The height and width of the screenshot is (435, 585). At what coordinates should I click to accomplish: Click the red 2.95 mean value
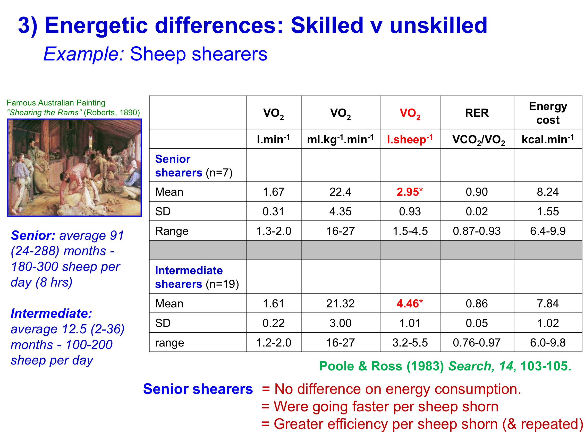[409, 192]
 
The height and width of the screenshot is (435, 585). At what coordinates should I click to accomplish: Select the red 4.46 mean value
[409, 303]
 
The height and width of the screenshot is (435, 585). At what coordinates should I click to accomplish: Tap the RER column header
[477, 113]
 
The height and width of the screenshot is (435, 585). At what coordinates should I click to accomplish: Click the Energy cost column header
[548, 113]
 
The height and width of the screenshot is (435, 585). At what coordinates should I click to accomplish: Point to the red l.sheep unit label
[409, 139]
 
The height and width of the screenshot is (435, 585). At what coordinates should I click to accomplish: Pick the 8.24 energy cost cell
[548, 192]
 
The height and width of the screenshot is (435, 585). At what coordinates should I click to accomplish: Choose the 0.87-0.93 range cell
[477, 231]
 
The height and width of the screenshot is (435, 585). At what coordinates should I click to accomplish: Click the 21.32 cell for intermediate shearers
[340, 303]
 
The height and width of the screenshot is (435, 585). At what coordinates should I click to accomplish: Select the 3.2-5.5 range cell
[410, 343]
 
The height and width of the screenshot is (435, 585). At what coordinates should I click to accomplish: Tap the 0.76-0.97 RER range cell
[477, 343]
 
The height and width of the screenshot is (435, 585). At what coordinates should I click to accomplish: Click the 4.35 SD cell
[340, 211]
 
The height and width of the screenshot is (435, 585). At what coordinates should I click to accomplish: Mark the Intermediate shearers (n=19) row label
[197, 277]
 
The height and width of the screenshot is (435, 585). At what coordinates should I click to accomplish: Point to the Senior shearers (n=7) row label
[194, 166]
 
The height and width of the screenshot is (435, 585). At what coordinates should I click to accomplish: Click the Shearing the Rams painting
[74, 167]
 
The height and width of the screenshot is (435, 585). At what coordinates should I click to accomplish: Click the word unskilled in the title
[438, 25]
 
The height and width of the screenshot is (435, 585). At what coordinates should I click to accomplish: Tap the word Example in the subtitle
[83, 54]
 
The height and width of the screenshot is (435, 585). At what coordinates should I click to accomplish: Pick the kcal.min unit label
[548, 139]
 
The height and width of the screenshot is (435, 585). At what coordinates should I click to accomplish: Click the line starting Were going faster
[380, 406]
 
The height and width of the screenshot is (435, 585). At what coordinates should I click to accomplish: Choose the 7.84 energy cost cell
[548, 303]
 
